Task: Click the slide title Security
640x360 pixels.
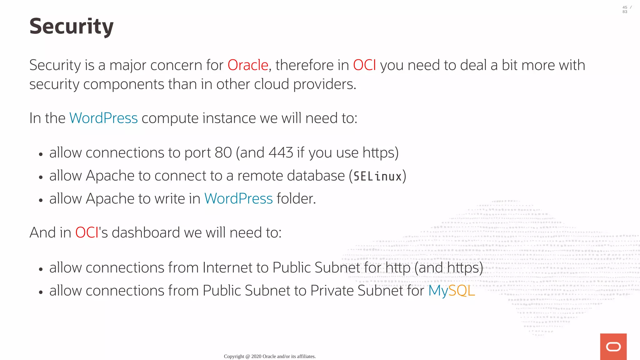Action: coord(71,26)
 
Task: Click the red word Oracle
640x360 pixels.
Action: coord(248,65)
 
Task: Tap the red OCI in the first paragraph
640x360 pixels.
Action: coord(364,65)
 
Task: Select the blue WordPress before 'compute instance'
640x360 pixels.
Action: coord(103,118)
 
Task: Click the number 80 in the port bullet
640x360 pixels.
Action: coord(223,153)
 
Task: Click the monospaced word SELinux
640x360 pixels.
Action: coord(377,177)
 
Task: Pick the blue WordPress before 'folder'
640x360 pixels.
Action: coord(238,199)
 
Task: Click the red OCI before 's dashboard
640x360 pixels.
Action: coord(87,233)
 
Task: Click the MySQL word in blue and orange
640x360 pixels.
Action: coord(451,291)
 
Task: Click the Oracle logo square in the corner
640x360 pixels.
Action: coord(613,347)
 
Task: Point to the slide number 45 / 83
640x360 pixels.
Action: coord(627,9)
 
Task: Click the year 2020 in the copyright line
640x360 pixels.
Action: coord(256,356)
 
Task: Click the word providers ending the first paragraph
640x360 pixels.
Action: coord(324,84)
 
